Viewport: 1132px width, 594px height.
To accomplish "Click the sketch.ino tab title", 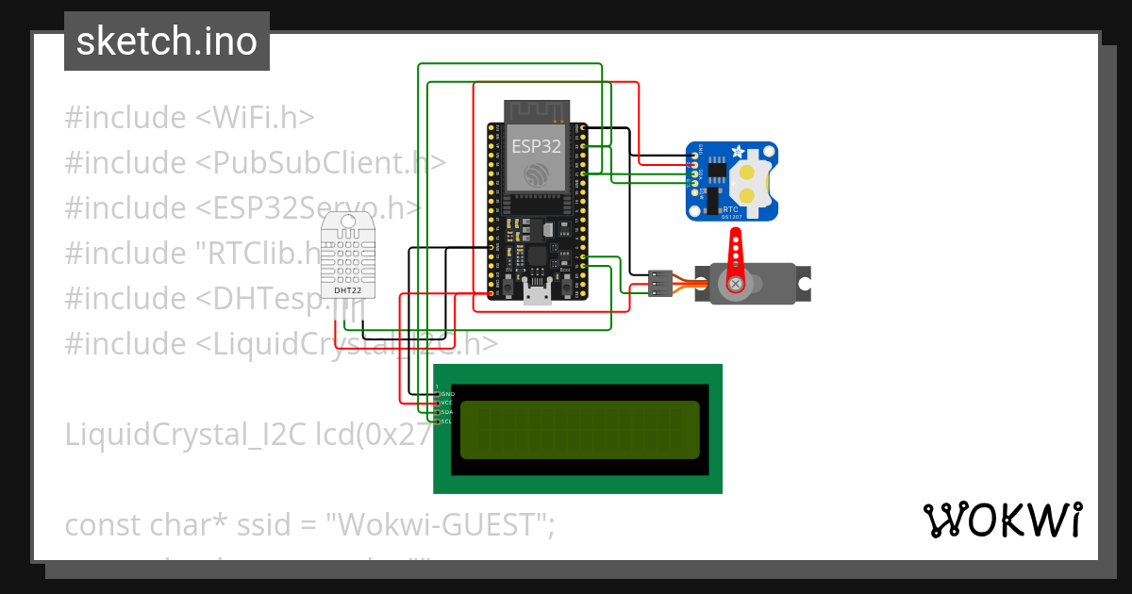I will [167, 41].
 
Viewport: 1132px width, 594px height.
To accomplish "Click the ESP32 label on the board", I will [536, 146].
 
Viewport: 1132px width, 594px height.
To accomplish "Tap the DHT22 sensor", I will [348, 254].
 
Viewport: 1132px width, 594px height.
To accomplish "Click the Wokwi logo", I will [1003, 520].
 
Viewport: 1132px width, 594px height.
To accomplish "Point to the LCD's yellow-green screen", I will [579, 430].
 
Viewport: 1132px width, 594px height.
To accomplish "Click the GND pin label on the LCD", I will [448, 393].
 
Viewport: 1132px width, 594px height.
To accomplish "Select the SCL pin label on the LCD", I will [447, 421].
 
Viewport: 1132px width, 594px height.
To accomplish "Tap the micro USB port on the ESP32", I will [539, 295].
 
